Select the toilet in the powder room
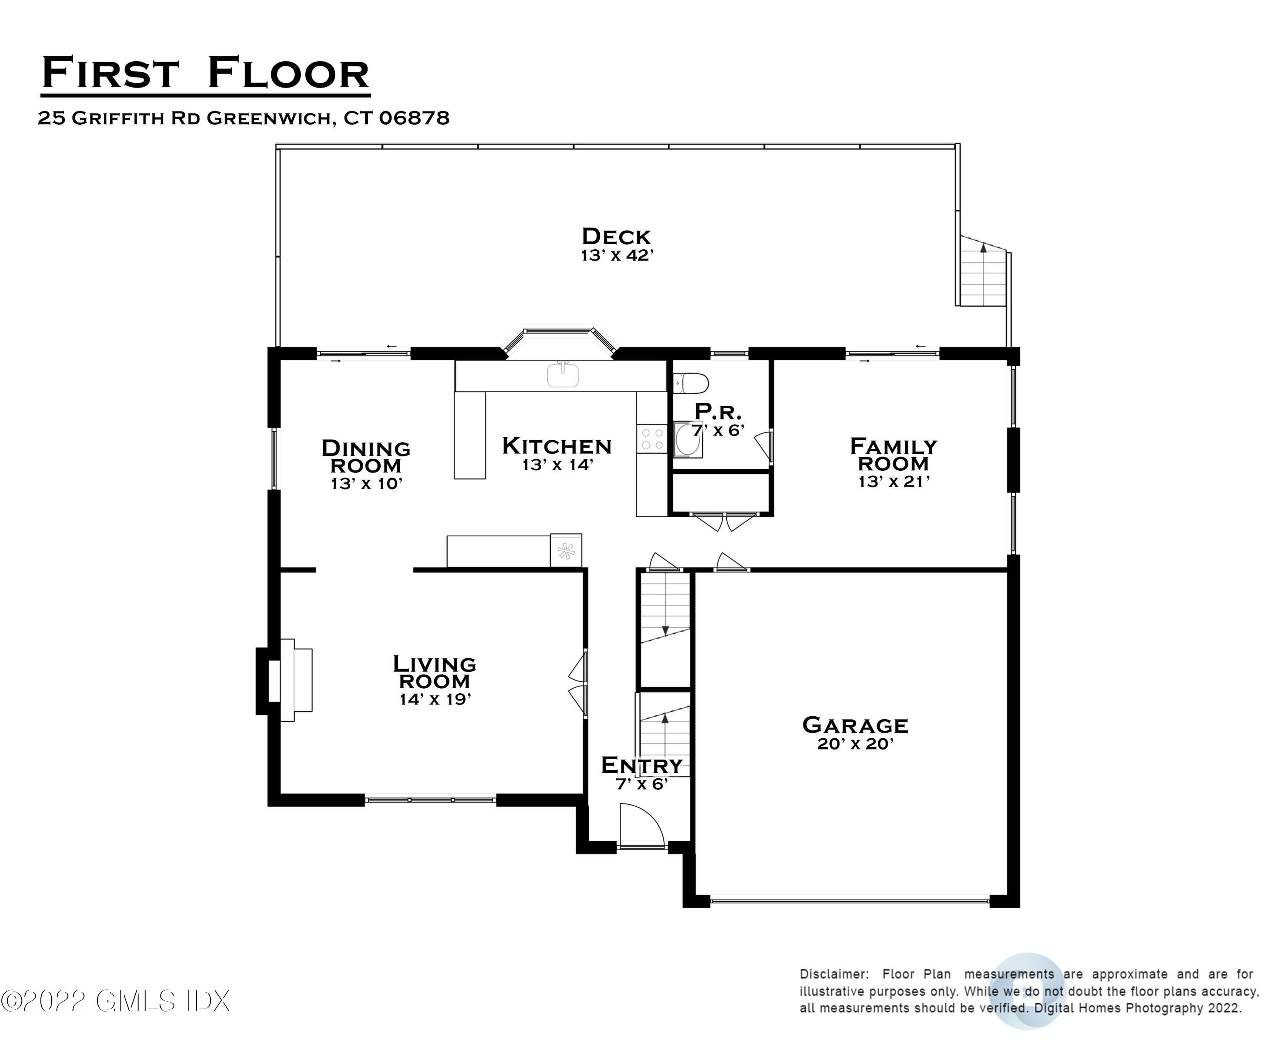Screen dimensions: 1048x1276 pos(692,383)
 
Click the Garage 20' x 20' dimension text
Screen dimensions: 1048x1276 pos(854,744)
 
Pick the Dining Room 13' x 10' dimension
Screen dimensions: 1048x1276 pos(366,484)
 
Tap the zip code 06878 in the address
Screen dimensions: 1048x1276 pos(414,118)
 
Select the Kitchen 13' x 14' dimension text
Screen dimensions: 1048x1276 pos(558,465)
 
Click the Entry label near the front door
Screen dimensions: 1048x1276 pos(642,766)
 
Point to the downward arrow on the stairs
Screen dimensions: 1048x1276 pos(665,629)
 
